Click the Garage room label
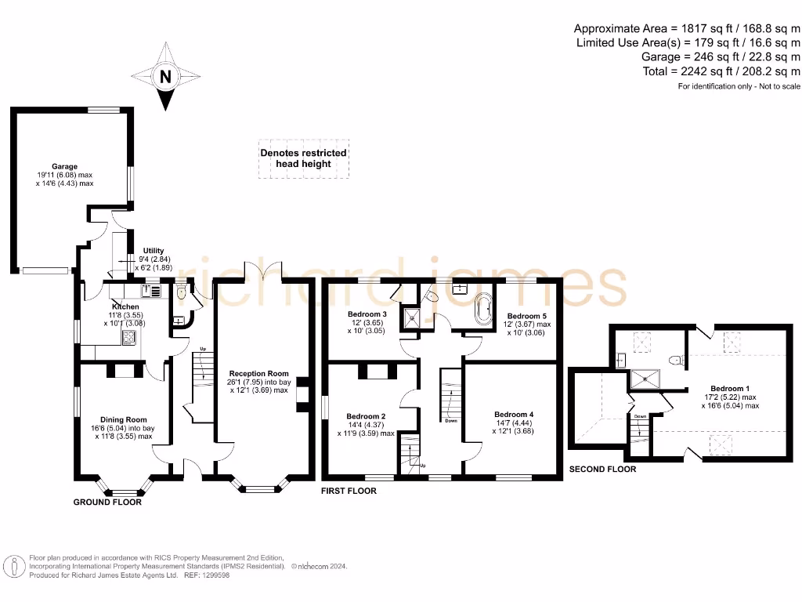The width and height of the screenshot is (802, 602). click(x=64, y=166)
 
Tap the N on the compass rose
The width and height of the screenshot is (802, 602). click(x=164, y=77)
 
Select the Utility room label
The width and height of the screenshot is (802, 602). click(x=154, y=250)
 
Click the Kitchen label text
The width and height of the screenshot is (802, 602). click(x=125, y=306)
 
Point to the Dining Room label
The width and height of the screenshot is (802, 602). click(x=124, y=419)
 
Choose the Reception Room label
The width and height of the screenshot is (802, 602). click(x=258, y=374)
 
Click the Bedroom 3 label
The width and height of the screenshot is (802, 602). click(x=367, y=314)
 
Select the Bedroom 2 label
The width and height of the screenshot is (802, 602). click(x=366, y=415)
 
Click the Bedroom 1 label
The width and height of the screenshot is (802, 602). click(x=730, y=388)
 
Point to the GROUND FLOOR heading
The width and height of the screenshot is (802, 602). click(x=107, y=502)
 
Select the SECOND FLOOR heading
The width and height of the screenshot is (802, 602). click(x=601, y=469)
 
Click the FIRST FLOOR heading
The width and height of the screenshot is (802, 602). click(x=349, y=491)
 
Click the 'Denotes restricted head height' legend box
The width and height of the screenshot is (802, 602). click(x=304, y=158)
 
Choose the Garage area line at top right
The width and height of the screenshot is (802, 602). click(x=721, y=56)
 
